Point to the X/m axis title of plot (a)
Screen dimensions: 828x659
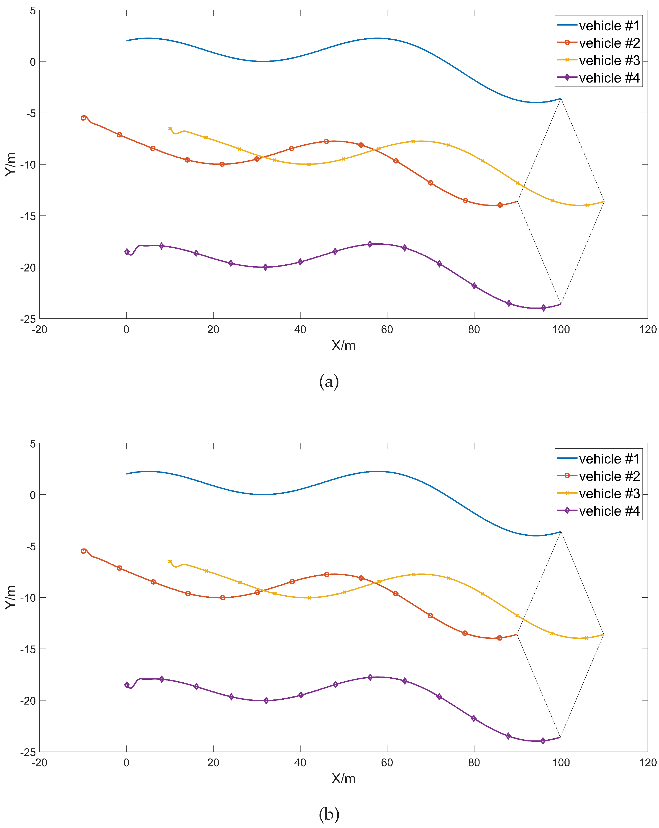(343, 346)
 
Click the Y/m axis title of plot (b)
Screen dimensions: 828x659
(11, 597)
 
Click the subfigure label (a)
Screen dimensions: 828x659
(329, 382)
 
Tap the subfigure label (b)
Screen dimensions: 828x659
(329, 814)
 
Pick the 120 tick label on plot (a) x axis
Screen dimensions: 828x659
(648, 330)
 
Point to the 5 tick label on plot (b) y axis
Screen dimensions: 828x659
(33, 444)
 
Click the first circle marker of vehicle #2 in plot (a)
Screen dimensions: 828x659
(83, 118)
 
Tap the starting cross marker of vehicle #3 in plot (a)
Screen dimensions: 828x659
(170, 128)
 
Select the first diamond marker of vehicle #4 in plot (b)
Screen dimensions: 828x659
(127, 685)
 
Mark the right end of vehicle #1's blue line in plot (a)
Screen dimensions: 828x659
(561, 99)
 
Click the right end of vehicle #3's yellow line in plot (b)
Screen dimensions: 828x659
(604, 634)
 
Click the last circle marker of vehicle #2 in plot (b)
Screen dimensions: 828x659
(499, 638)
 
